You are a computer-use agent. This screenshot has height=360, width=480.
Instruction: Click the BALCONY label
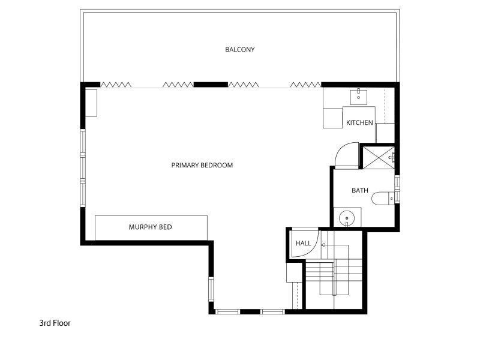239,50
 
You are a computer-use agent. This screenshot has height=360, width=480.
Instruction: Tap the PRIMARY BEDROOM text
202,166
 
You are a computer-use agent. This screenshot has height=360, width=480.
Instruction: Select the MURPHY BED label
151,227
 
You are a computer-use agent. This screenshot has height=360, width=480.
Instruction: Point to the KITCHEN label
359,123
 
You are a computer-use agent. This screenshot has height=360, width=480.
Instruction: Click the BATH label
360,190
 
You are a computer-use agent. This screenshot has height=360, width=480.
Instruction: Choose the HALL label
303,244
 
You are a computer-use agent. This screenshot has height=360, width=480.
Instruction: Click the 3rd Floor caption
55,323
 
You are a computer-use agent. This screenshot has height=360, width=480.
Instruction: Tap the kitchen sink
358,97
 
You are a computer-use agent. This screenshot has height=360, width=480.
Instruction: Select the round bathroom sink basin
347,218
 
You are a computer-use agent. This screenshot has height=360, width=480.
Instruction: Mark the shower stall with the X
379,157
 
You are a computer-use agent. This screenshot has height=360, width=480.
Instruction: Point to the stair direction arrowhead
323,245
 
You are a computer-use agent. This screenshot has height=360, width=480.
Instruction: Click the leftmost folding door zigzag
116,85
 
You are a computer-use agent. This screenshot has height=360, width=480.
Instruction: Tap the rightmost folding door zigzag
305,85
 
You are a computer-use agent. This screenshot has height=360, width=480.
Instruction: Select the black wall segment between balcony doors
211,85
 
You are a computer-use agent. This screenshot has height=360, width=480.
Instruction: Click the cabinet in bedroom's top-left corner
91,103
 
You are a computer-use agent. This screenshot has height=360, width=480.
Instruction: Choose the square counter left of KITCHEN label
333,118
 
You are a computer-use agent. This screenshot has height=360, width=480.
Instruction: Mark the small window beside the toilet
397,189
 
